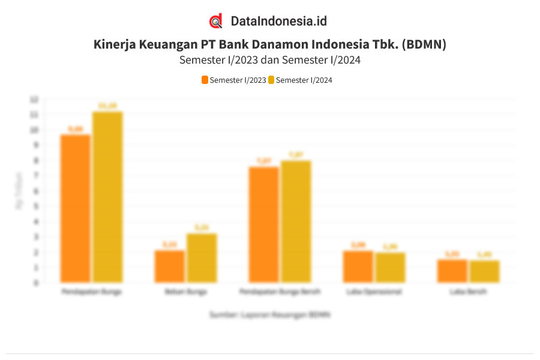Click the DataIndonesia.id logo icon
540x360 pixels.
[216, 21]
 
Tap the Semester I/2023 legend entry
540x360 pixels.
[234, 80]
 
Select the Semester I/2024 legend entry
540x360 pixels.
[300, 80]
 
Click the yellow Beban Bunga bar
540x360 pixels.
[202, 257]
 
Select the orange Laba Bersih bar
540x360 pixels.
[452, 271]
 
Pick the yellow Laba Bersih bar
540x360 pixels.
[484, 271]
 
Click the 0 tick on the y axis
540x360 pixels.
[36, 283]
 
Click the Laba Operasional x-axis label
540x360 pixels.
[374, 292]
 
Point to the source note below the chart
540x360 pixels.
[270, 314]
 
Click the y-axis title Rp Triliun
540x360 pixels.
[19, 191]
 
